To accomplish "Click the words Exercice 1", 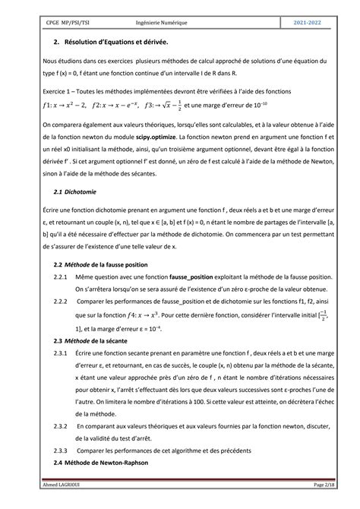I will click(60, 90).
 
